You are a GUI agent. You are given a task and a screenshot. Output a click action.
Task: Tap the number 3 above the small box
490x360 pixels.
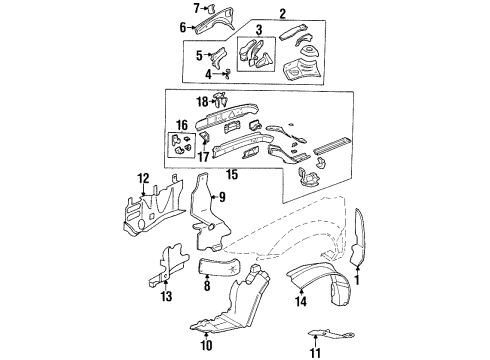click(x=258, y=30)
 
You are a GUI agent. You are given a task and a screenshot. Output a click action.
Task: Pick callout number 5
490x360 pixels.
click(x=199, y=54)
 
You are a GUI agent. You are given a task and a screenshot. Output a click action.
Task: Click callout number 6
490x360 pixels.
click(x=183, y=28)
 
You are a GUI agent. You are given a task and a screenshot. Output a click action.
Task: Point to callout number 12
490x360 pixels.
click(x=143, y=179)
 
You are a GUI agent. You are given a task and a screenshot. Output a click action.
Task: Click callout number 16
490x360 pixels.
click(x=181, y=125)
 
